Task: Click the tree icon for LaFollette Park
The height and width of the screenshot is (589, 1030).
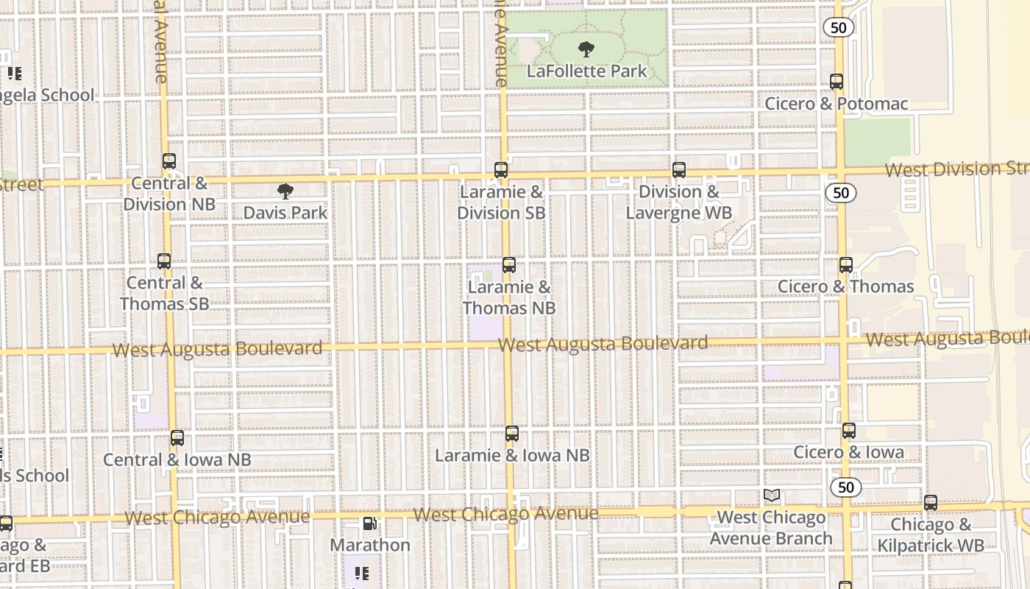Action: (586, 49)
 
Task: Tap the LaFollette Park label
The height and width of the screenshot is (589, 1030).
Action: (586, 71)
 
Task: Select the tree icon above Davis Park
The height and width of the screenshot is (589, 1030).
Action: (285, 191)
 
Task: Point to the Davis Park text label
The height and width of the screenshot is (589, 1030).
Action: (285, 213)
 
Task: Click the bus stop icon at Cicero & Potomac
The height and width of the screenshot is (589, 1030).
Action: (837, 82)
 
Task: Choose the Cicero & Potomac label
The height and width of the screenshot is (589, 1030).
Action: (837, 104)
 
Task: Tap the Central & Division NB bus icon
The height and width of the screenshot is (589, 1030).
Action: (169, 161)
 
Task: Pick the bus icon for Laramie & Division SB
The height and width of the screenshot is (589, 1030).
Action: (501, 170)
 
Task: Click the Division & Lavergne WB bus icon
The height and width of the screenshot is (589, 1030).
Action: (679, 170)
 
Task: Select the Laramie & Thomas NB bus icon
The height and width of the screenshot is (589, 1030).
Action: (508, 265)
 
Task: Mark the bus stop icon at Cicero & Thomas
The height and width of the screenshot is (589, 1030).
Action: (846, 265)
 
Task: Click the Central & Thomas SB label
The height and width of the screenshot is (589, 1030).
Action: (164, 293)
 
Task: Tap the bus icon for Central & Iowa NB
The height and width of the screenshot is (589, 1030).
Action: (177, 438)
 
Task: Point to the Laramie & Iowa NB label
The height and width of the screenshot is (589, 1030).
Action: (512, 456)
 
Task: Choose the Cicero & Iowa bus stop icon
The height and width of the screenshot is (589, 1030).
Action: (849, 431)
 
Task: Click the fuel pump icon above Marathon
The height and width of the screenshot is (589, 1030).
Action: (370, 523)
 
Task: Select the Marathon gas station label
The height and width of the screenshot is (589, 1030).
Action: (370, 545)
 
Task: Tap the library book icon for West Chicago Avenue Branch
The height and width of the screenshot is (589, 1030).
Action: (772, 495)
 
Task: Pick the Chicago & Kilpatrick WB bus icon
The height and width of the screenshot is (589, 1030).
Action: (931, 503)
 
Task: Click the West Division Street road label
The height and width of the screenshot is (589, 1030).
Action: (956, 169)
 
